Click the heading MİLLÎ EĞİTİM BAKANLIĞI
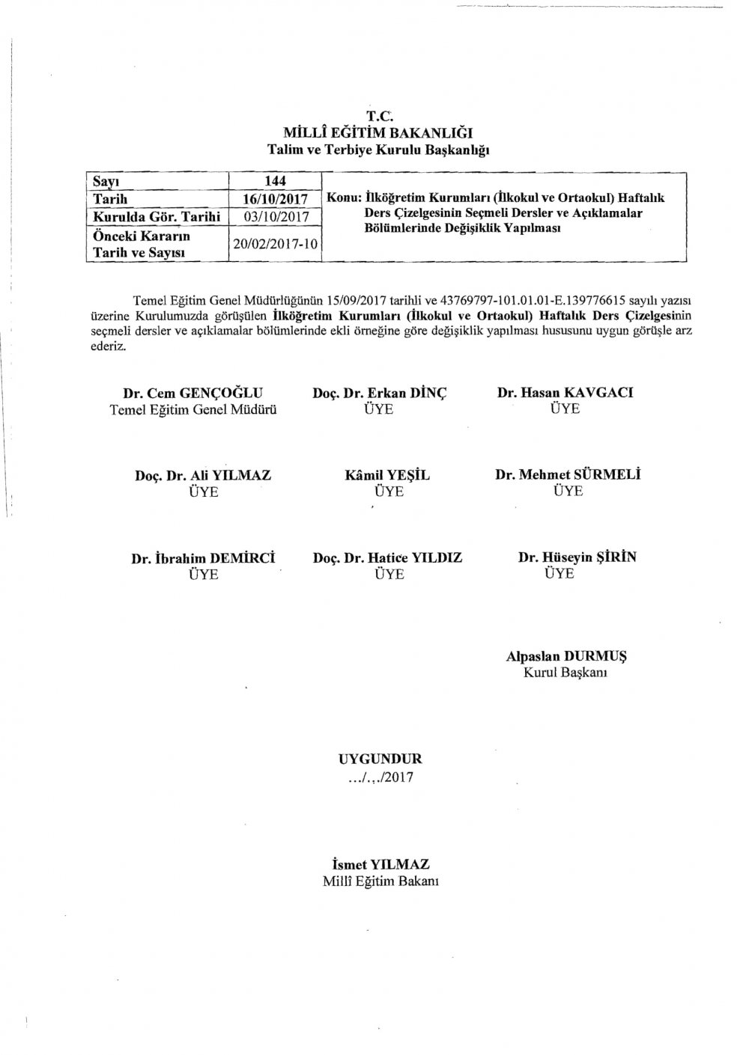click(380, 132)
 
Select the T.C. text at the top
click(379, 116)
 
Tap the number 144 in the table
click(275, 181)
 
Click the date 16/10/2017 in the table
click(274, 199)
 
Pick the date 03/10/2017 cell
click(274, 216)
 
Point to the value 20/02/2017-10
click(274, 244)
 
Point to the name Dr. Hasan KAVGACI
click(565, 393)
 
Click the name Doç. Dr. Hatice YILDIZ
click(387, 557)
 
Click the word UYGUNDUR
click(380, 759)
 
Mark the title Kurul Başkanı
click(565, 673)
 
